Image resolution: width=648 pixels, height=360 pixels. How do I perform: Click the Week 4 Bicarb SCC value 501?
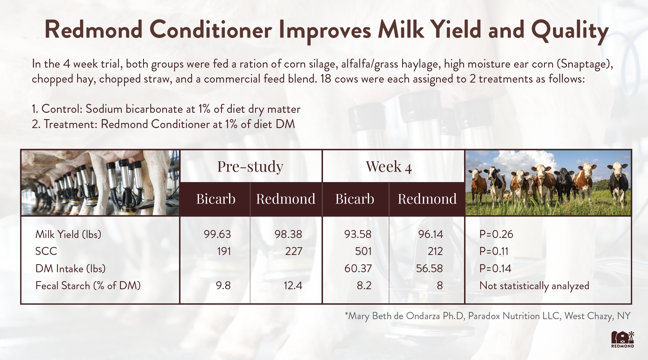click(363, 251)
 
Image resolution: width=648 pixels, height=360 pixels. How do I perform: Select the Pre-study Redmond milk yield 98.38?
click(288, 234)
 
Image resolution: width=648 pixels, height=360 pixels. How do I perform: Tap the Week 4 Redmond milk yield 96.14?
click(430, 234)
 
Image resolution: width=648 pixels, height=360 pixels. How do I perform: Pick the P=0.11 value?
click(494, 251)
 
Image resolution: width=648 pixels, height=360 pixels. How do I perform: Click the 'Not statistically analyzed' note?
click(534, 286)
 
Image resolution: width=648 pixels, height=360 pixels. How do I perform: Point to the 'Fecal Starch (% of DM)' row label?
click(88, 286)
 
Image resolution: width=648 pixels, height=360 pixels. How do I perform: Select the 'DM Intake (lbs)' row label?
click(70, 268)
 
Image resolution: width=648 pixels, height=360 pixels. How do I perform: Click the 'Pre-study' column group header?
click(250, 167)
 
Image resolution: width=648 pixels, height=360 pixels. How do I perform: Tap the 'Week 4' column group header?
click(389, 167)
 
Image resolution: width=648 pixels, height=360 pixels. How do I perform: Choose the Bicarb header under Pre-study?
click(216, 199)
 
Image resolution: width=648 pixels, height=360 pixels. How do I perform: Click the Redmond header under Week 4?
click(427, 199)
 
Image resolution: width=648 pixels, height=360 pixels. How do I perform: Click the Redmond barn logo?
click(623, 339)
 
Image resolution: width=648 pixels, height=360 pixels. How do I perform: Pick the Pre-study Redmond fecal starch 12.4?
click(293, 286)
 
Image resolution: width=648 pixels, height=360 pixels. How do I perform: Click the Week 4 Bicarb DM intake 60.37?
click(358, 268)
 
